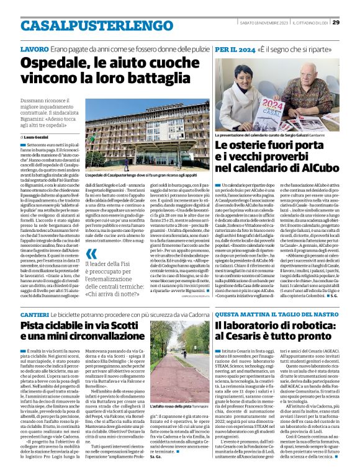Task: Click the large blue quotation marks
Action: click(91, 252)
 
